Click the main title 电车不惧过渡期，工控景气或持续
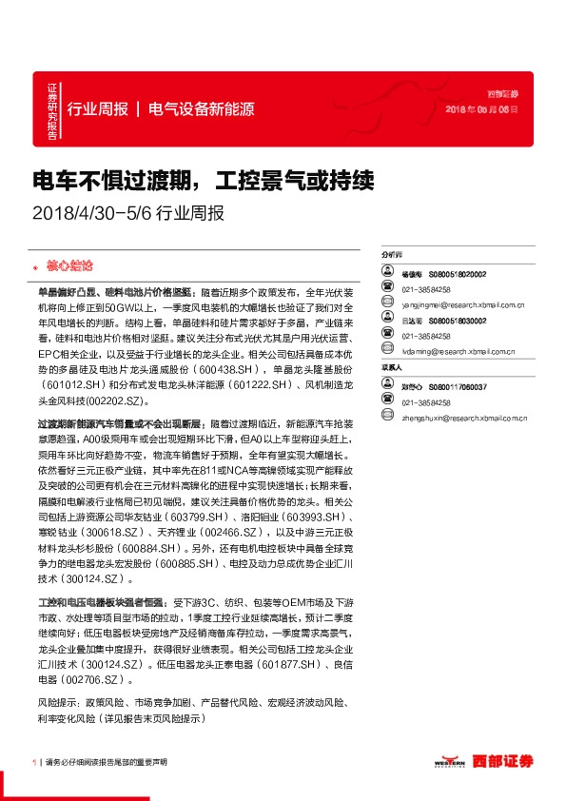tap(204, 180)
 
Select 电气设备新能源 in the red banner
tap(202, 108)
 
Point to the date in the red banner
tap(482, 109)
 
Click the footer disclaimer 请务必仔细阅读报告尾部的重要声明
tap(106, 762)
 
